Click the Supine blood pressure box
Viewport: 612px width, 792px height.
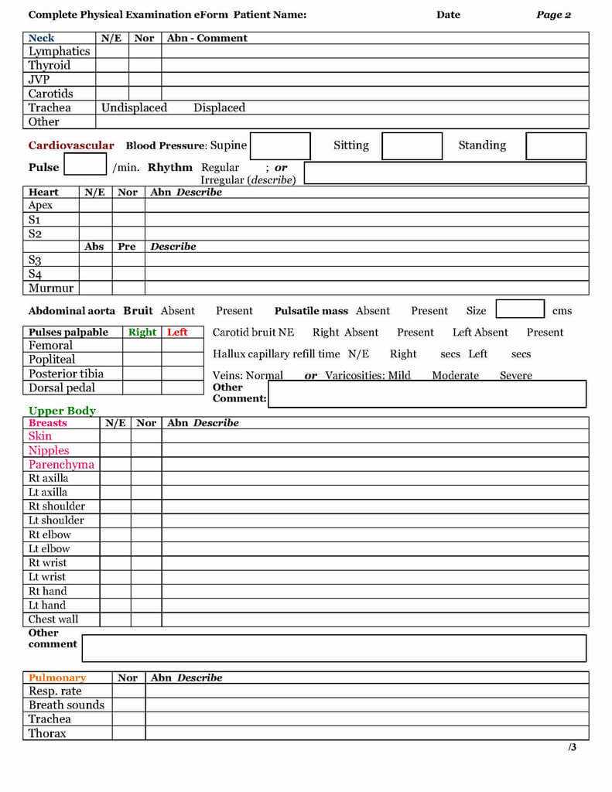280,145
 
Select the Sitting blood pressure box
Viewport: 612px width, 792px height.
412,145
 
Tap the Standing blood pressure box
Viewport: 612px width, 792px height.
556,145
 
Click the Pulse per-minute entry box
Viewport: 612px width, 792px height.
85,165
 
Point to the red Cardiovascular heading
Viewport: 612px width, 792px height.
71,145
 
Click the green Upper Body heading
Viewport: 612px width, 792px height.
62,411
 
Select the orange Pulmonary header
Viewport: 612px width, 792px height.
57,678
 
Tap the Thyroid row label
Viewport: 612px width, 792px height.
50,66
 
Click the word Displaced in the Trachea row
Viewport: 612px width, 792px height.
219,108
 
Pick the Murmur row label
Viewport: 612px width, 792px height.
51,288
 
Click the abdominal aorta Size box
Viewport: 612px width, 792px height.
520,309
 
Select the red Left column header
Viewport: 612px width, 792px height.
177,332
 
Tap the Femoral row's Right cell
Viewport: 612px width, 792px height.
142,346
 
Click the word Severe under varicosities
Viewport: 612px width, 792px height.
515,376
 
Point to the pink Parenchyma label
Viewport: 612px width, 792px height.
61,464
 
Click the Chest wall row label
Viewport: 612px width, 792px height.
53,620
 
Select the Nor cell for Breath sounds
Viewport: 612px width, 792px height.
128,705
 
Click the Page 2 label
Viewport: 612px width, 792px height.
553,15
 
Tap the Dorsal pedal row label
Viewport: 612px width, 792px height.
62,388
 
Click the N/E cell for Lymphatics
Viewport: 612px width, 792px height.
111,52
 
